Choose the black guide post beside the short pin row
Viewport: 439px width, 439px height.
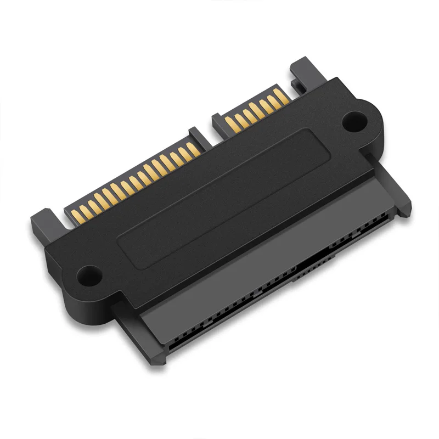pos(301,74)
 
